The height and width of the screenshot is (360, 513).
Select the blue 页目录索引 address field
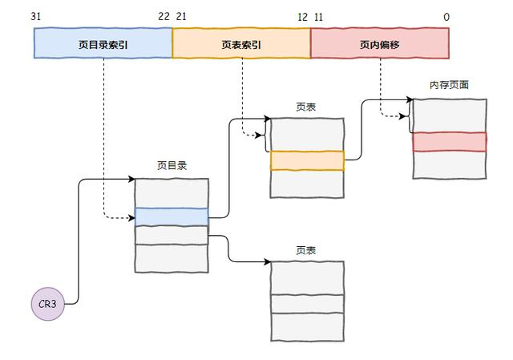pos(103,44)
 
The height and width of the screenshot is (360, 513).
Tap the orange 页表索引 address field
pos(241,44)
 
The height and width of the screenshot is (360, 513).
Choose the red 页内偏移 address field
pos(379,44)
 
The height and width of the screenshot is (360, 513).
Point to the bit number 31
pos(35,17)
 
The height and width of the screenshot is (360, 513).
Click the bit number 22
pos(164,17)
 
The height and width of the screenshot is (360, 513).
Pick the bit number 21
pos(181,17)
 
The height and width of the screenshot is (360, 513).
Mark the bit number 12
pos(302,17)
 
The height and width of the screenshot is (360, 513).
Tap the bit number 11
pos(319,17)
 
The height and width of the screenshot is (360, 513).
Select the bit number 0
pos(446,17)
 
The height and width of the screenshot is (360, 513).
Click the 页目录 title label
pos(172,166)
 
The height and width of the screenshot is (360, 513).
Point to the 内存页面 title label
pos(449,85)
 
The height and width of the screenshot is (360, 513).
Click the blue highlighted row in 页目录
pos(172,216)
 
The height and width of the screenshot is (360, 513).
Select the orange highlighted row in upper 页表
pos(307,160)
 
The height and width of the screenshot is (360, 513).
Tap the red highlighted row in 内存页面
pos(449,142)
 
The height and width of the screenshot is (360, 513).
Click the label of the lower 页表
pos(306,250)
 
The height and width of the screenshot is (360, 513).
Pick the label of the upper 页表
pos(306,106)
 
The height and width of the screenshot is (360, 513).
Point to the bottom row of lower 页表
pos(307,326)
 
